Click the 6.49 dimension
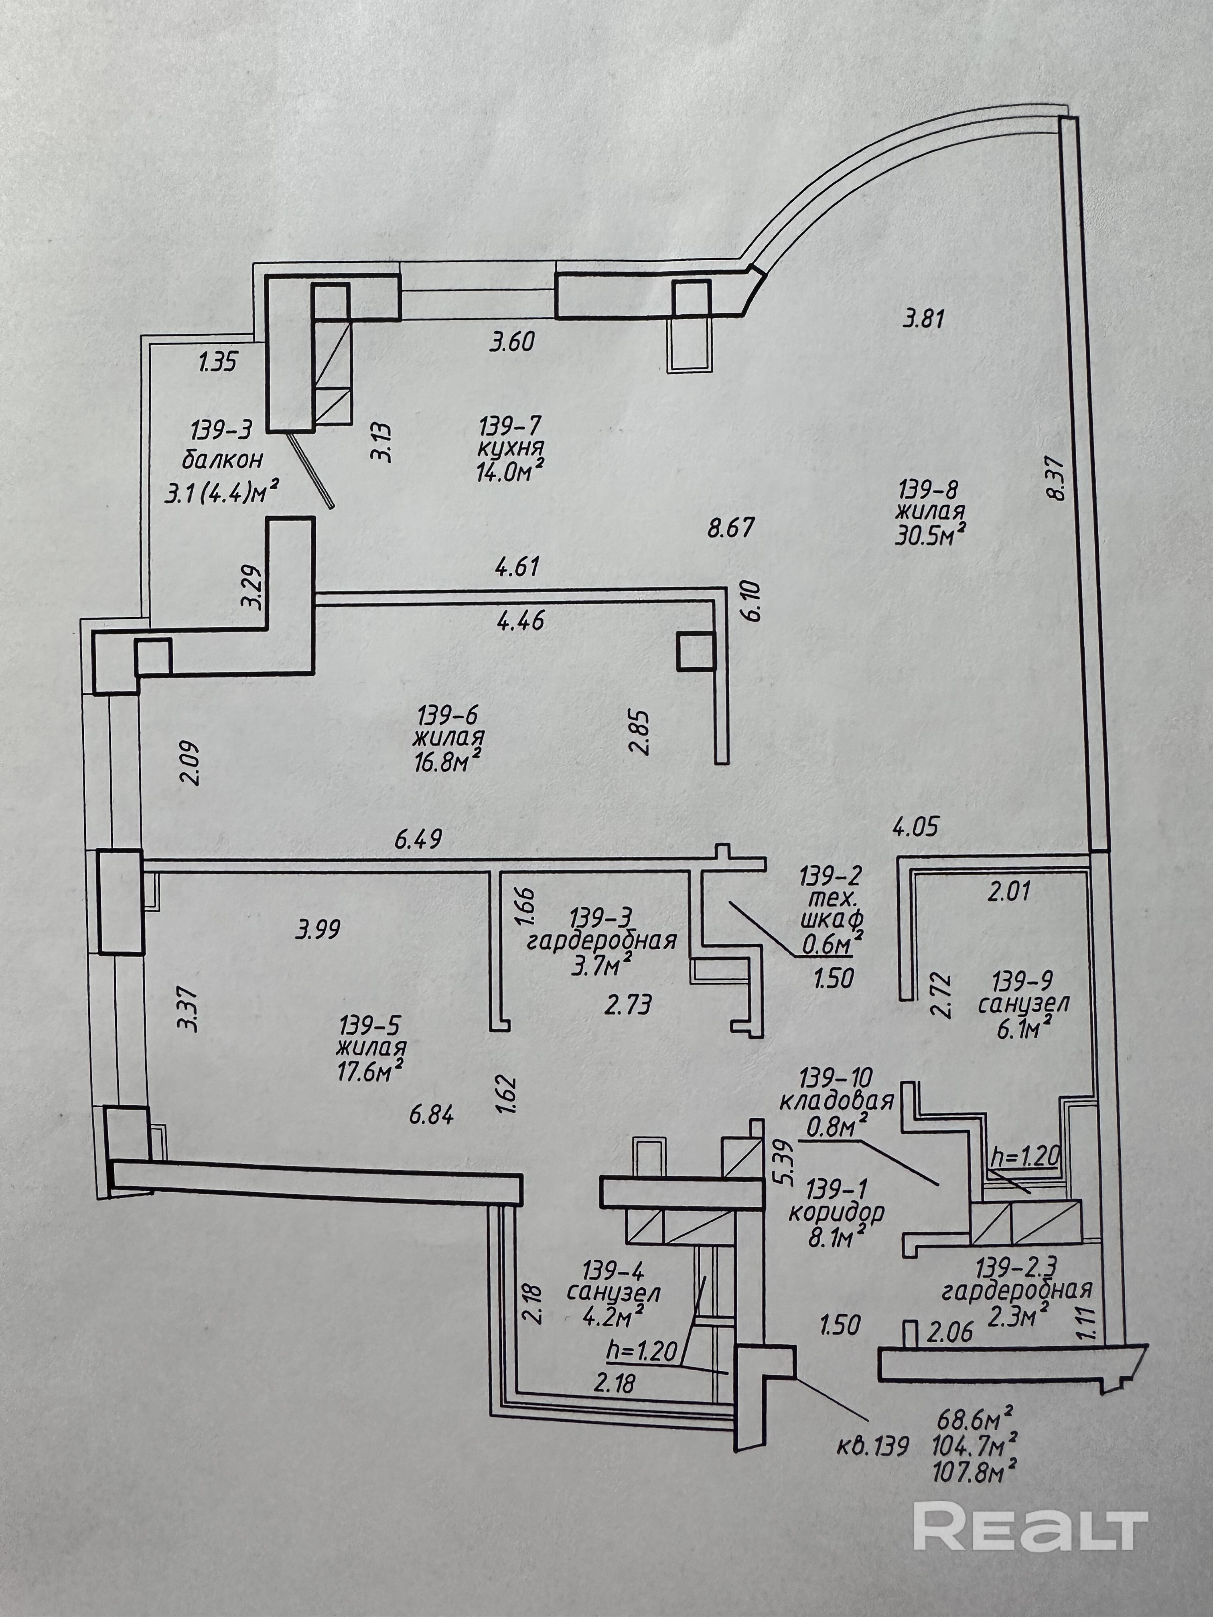point(419,839)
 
